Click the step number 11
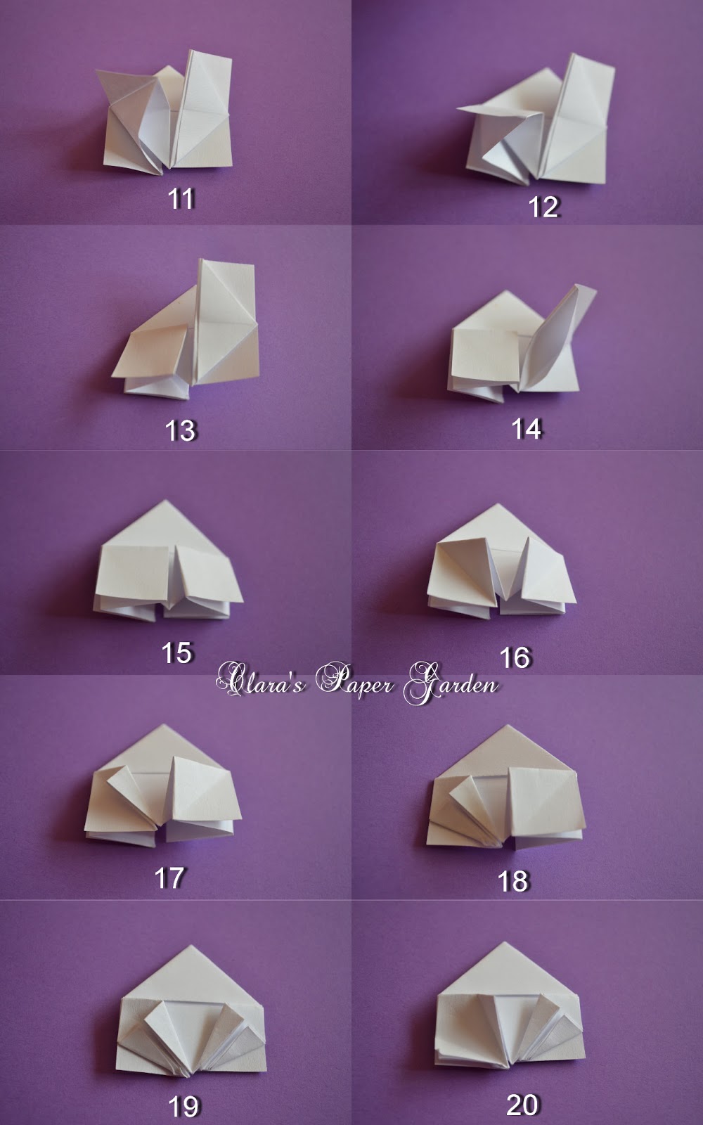pyautogui.click(x=181, y=199)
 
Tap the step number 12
pyautogui.click(x=543, y=207)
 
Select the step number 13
pyautogui.click(x=180, y=430)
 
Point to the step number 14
pyautogui.click(x=527, y=429)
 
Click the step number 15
pyautogui.click(x=176, y=653)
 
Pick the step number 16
pyautogui.click(x=515, y=657)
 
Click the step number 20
pyautogui.click(x=522, y=1103)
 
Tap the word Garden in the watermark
pyautogui.click(x=451, y=683)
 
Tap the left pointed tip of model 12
pyautogui.click(x=458, y=108)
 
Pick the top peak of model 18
pyautogui.click(x=506, y=726)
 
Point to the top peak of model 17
pyautogui.click(x=162, y=725)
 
